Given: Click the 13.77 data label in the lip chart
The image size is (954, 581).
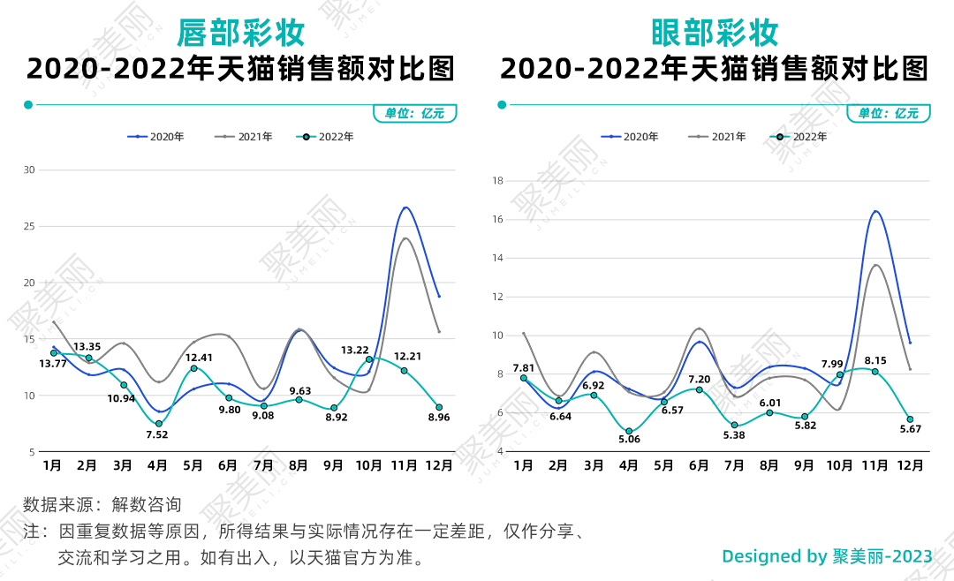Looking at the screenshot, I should point(53,364).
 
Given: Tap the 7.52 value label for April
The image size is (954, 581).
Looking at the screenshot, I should point(158,434).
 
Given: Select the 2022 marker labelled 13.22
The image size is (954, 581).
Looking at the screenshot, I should point(369,359).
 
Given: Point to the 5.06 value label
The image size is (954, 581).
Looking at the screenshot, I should point(629,439).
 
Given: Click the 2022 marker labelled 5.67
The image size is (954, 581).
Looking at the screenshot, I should point(910,419).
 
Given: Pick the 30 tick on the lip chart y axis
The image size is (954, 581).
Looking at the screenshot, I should point(29,170).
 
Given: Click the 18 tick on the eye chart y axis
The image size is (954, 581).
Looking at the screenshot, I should point(497,181).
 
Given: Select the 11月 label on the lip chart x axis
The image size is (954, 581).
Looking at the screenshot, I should point(404,465).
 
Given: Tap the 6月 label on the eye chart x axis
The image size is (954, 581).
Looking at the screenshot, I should point(699,465).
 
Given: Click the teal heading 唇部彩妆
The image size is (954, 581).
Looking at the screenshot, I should point(240,33).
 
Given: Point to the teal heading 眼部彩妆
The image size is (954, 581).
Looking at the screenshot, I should point(715,33).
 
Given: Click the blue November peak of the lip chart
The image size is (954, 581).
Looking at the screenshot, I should point(405,207).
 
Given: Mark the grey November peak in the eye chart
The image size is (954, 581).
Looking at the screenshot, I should point(876,265).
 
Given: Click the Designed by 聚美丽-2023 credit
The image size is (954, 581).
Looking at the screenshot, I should point(827,556).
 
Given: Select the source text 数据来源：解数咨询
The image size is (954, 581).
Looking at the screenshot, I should point(102,505).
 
